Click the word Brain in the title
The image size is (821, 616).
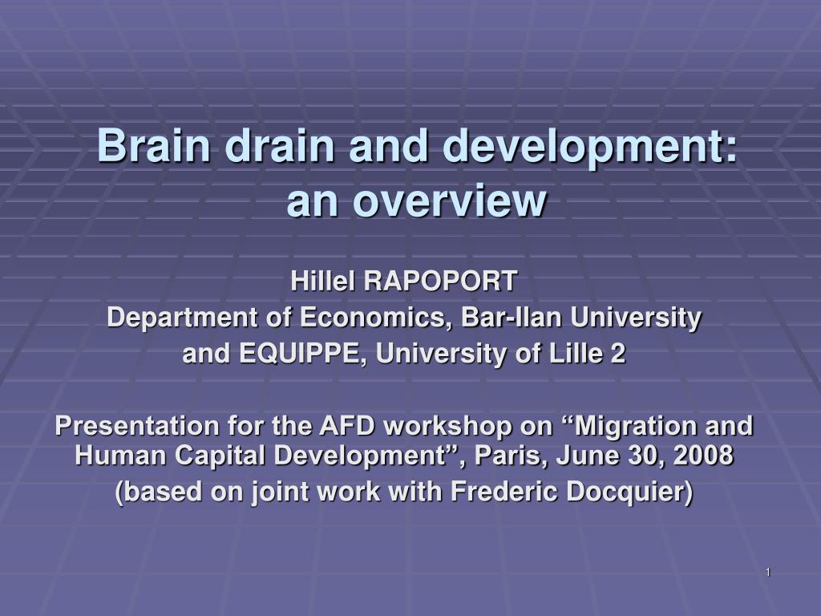[153, 145]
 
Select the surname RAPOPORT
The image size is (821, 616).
[440, 281]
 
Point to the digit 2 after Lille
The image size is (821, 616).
[618, 353]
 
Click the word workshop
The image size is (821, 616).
[447, 427]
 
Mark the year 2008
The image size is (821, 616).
[703, 455]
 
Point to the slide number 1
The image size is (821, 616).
[768, 572]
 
